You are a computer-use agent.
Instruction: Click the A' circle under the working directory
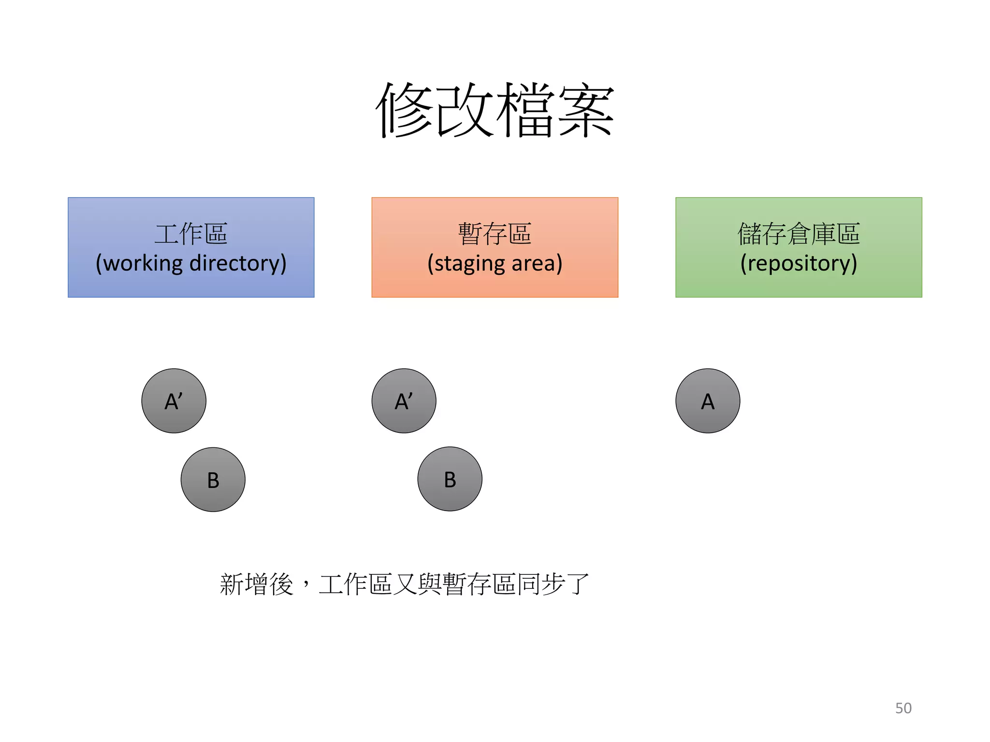[x=174, y=401]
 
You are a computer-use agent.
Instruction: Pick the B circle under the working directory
[x=213, y=480]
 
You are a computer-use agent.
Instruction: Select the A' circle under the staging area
[x=404, y=401]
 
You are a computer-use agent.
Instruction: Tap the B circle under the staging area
[x=450, y=479]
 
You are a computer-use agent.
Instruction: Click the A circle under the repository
[x=708, y=401]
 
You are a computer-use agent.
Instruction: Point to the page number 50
[x=903, y=708]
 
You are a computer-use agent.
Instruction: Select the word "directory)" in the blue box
[x=238, y=264]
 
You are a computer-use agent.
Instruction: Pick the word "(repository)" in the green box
[x=799, y=264]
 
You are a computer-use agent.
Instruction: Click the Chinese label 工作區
[x=191, y=234]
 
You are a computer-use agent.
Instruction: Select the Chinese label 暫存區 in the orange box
[x=495, y=234]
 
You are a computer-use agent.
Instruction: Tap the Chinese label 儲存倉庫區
[x=799, y=234]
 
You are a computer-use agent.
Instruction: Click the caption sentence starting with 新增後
[x=404, y=584]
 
